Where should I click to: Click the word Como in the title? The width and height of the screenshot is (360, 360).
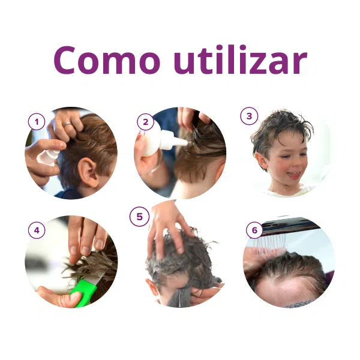point(107,60)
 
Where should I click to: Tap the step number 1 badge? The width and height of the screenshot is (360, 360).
point(37,122)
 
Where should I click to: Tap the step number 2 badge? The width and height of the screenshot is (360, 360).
point(145,122)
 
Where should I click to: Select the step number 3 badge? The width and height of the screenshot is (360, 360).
point(249,116)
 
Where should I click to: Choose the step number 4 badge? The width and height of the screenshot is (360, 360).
point(37,230)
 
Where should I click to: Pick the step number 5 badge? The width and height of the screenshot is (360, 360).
point(139,217)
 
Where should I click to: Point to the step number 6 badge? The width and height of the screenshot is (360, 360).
point(254,230)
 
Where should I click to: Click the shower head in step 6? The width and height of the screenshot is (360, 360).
point(288,226)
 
